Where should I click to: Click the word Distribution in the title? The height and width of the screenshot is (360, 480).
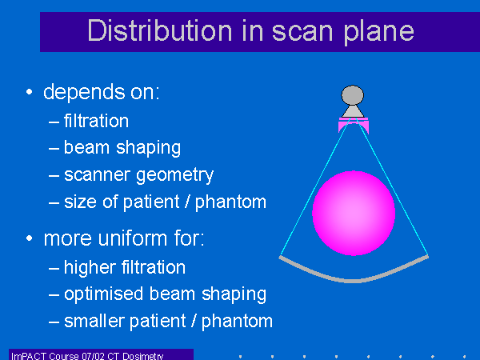tap(160, 30)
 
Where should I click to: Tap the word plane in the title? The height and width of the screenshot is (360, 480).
tap(379, 32)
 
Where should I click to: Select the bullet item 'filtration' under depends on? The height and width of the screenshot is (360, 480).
tap(96, 121)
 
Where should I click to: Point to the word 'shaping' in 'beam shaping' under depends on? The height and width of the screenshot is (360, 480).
tap(149, 148)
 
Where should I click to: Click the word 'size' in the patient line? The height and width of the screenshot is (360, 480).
tap(80, 202)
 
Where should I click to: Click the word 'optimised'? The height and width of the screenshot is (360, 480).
tap(103, 294)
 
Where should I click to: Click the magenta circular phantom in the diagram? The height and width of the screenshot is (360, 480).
tap(354, 213)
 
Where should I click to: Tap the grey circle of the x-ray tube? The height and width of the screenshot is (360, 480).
tap(353, 95)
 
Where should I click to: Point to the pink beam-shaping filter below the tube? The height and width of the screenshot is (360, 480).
tap(354, 124)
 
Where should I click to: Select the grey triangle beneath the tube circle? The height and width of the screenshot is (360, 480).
tap(353, 111)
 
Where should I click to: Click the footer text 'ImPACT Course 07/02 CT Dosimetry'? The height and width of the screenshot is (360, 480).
tap(87, 356)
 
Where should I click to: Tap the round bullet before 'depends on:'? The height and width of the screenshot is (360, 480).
tap(29, 91)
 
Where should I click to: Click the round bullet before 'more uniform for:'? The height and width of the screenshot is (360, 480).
tap(29, 238)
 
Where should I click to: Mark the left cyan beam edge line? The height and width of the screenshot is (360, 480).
tap(315, 186)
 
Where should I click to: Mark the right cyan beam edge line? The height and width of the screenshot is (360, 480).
tap(392, 186)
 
